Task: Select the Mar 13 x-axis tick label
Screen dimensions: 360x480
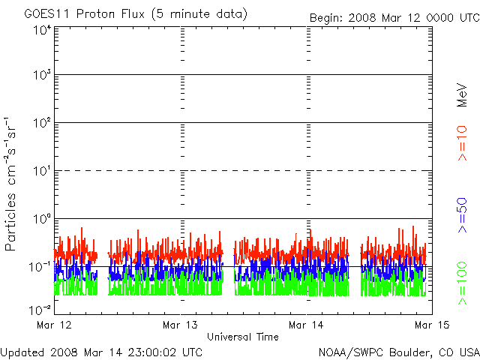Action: coord(181,325)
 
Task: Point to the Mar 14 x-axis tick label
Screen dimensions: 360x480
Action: coord(307,325)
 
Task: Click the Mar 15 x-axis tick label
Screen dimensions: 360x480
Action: coord(431,325)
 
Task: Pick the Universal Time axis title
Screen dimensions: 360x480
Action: coord(243,337)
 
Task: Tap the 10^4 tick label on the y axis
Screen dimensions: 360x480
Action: coord(40,30)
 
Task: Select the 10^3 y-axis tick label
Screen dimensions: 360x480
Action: coord(40,76)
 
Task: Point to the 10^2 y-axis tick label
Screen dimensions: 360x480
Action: coord(40,124)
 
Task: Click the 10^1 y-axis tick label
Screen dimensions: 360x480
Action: coord(40,172)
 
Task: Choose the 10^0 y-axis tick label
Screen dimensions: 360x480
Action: coord(40,219)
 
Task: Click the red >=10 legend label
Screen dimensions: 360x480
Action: coord(463,142)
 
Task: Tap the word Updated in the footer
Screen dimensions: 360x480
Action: coord(23,351)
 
